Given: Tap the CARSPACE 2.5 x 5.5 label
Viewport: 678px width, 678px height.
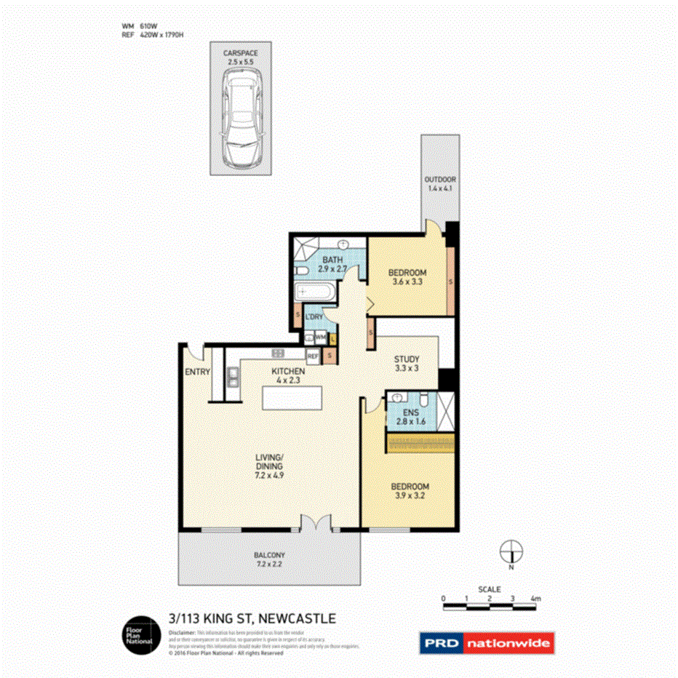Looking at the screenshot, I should tap(239, 57).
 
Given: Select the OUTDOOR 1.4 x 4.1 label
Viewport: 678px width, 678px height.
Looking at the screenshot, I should tap(440, 185).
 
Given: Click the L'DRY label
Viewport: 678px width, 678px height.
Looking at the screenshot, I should tap(314, 317).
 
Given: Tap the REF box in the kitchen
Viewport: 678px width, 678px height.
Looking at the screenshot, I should tap(313, 356).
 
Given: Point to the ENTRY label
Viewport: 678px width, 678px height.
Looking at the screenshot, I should tap(197, 372).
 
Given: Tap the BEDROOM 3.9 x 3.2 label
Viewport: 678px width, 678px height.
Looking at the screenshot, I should tap(410, 491).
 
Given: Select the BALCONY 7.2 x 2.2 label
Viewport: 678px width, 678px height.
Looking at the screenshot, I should tap(268, 557).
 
